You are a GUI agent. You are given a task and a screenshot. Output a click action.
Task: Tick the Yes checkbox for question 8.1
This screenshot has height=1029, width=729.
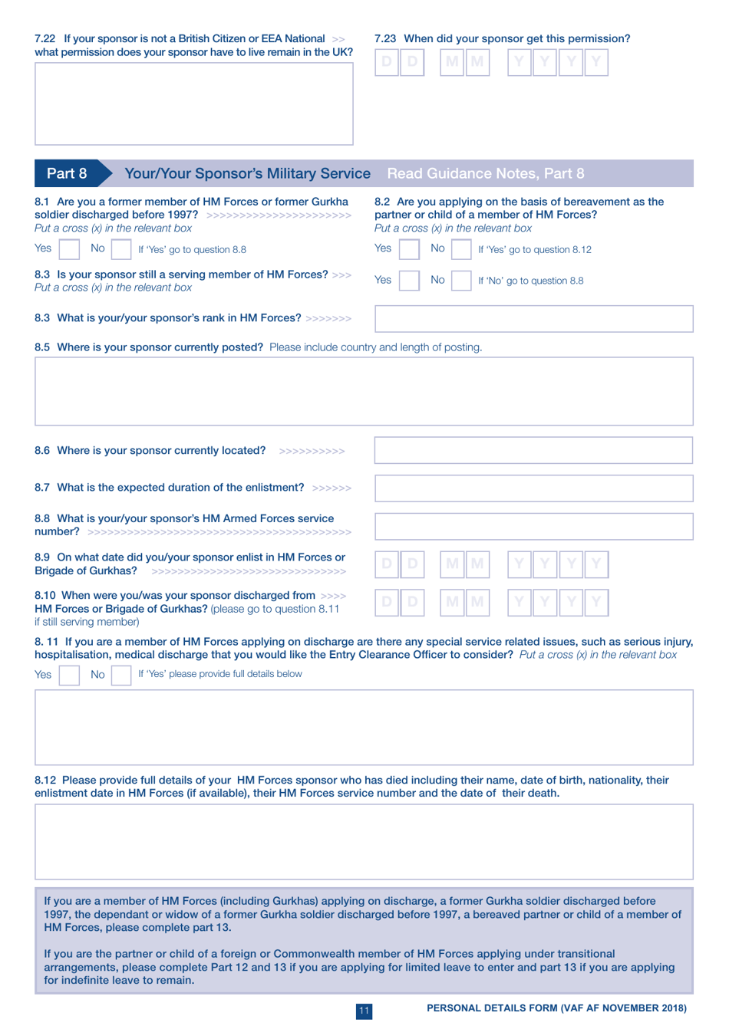[69, 249]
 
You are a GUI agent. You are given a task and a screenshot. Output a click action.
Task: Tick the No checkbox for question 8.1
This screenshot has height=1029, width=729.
[121, 249]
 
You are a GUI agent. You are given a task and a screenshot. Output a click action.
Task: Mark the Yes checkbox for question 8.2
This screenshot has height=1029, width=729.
[409, 249]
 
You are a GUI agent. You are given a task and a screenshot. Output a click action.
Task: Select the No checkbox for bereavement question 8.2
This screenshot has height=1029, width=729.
[461, 249]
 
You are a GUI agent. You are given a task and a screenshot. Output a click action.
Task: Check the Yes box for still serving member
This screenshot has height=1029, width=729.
[409, 281]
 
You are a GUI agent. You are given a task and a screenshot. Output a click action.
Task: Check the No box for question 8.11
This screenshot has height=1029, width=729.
[121, 675]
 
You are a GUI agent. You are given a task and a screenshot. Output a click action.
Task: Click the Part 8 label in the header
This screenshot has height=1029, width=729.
[67, 173]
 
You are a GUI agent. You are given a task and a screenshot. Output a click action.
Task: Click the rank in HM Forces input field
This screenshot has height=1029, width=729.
[533, 319]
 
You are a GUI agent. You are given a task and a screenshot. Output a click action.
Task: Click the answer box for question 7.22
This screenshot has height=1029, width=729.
[193, 104]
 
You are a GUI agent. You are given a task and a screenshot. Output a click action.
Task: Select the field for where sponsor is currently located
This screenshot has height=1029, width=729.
[533, 451]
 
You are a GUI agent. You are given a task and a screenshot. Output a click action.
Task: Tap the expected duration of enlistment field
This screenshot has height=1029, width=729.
[533, 488]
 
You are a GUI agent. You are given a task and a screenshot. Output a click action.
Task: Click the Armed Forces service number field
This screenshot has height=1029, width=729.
[533, 526]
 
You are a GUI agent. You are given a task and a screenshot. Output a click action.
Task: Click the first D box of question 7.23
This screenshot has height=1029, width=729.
[387, 62]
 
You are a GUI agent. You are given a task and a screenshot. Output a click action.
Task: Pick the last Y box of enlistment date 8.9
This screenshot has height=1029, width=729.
[596, 565]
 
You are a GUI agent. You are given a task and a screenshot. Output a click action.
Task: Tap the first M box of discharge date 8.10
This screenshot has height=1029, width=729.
[452, 603]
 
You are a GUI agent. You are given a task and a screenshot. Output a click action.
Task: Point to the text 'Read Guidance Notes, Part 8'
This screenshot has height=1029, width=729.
[485, 173]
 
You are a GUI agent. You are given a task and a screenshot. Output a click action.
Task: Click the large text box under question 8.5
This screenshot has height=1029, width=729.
[364, 391]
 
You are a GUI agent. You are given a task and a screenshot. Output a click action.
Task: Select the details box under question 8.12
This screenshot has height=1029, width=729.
[364, 841]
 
